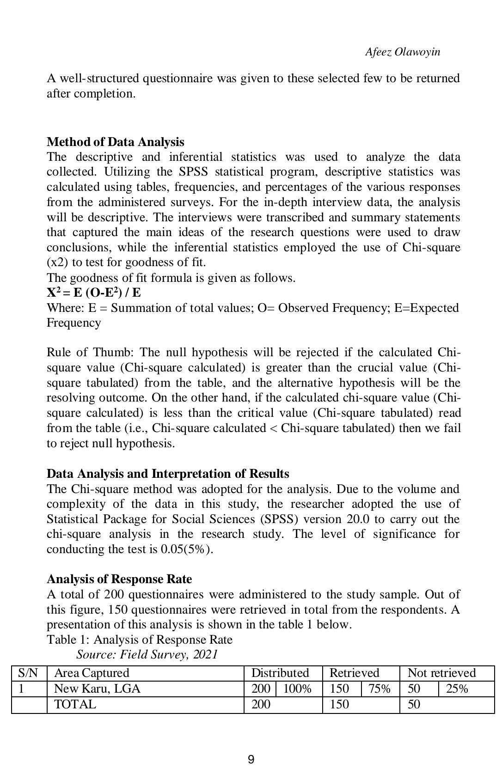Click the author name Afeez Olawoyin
click(x=402, y=52)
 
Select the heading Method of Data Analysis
click(x=115, y=142)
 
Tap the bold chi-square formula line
click(x=94, y=293)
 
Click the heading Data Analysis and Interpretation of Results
click(x=168, y=474)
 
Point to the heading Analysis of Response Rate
click(x=119, y=579)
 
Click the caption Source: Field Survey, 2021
click(x=147, y=654)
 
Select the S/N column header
click(x=27, y=673)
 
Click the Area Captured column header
click(x=92, y=673)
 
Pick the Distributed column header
click(x=280, y=673)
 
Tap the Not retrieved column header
click(x=441, y=673)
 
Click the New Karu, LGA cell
click(x=97, y=689)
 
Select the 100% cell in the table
click(x=297, y=689)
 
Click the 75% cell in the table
click(x=379, y=689)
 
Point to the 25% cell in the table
click(x=457, y=689)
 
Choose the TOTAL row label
click(x=75, y=704)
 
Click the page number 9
click(x=251, y=759)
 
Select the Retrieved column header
click(x=354, y=673)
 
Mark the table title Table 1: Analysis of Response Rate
click(x=140, y=640)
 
